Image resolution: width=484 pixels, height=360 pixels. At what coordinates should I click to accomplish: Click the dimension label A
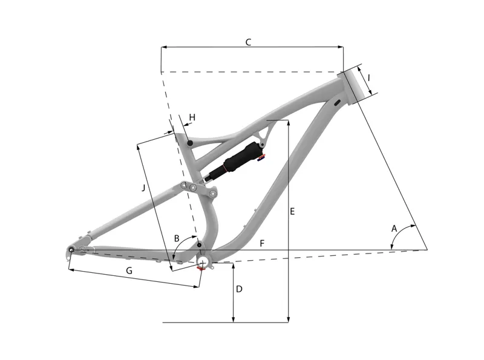pyautogui.click(x=394, y=229)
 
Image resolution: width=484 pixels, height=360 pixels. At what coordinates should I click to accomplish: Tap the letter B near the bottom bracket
pyautogui.click(x=177, y=239)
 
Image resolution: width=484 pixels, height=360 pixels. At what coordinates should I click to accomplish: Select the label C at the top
pyautogui.click(x=248, y=42)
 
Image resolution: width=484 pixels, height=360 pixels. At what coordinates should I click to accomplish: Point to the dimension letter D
pyautogui.click(x=239, y=289)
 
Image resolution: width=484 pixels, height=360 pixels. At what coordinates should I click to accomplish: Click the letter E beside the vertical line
pyautogui.click(x=292, y=212)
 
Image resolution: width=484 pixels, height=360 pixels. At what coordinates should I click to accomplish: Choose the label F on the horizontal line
pyautogui.click(x=261, y=243)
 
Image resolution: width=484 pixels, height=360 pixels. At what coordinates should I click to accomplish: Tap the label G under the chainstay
pyautogui.click(x=129, y=270)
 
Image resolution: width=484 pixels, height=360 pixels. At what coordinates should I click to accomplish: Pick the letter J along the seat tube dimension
pyautogui.click(x=143, y=188)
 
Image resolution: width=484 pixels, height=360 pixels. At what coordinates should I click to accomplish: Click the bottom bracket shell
pyautogui.click(x=204, y=261)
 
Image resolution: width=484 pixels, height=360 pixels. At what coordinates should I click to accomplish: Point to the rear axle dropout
pyautogui.click(x=71, y=250)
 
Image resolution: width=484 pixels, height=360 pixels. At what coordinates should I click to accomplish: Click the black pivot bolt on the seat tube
pyautogui.click(x=190, y=143)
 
